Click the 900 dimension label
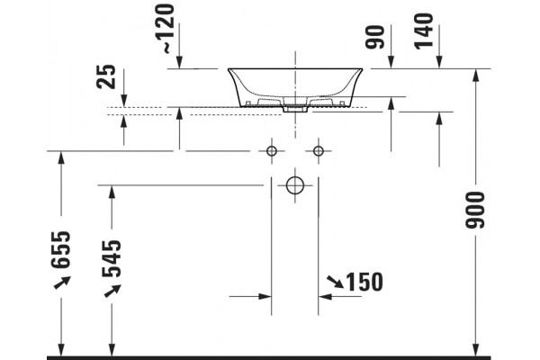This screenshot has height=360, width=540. [x=475, y=210]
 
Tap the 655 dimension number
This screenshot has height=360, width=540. [x=61, y=250]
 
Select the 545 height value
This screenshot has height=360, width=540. [x=112, y=258]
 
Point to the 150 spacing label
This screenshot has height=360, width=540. [x=364, y=282]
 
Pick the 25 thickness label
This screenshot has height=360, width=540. [x=106, y=76]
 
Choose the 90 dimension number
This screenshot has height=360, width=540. [x=374, y=37]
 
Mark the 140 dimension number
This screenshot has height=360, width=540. [x=423, y=31]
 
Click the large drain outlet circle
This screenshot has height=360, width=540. [x=295, y=185]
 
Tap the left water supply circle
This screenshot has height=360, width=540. [x=272, y=151]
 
